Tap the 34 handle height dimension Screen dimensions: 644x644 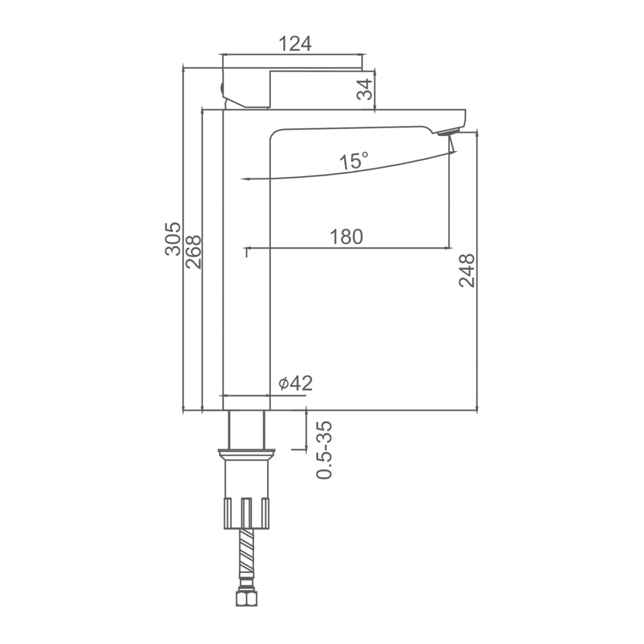click(364, 89)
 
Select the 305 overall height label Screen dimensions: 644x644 click(173, 239)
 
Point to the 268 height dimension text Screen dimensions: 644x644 click(194, 252)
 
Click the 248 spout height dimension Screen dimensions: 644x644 click(467, 270)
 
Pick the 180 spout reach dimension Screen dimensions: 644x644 click(346, 237)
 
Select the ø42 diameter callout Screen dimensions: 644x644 click(295, 383)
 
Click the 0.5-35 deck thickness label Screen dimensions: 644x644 click(324, 450)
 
